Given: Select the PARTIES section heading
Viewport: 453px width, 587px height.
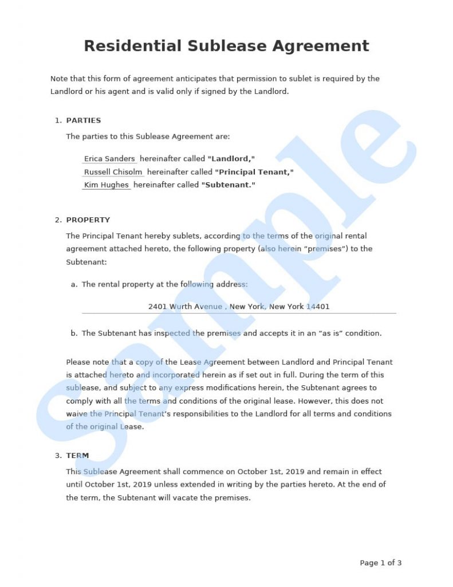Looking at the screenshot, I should pos(84,120).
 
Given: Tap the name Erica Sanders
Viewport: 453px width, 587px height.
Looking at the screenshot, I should pos(109,159).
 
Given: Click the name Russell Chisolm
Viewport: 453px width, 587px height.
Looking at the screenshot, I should pos(113,172).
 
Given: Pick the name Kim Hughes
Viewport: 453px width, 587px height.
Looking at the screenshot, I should pos(107,185).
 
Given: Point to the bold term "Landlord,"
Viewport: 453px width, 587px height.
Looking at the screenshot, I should pos(231,159).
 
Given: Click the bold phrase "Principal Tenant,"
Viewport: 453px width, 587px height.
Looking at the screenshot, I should pos(254,172).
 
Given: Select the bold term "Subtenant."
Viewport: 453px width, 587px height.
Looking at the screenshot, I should pos(228,185).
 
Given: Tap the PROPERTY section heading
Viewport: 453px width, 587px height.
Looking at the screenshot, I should pos(88,220).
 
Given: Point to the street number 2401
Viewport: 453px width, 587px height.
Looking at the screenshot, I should pos(157,307).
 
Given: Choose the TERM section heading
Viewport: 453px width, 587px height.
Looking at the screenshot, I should pos(77,456).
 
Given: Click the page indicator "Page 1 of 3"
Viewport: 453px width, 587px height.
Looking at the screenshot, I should pos(380,563).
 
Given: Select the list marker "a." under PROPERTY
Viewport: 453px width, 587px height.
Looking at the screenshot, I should pos(74,284).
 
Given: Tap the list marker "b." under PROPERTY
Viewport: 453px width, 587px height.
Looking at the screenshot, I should pos(74,333).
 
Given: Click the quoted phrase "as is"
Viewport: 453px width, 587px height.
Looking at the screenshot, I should pos(327,333).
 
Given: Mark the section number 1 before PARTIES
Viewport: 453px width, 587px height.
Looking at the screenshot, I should pos(57,120).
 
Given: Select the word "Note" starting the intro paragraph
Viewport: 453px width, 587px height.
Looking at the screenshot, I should pos(59,79).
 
